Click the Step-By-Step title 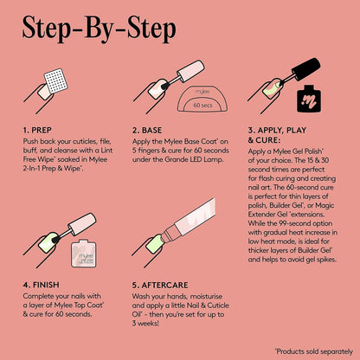[99, 29]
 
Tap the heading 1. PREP [37, 131]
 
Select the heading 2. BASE [147, 131]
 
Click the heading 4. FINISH [42, 285]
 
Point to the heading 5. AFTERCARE [160, 286]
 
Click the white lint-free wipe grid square [56, 80]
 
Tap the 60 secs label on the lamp [202, 106]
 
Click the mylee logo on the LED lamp [202, 92]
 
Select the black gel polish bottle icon [309, 99]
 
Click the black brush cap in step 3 [306, 69]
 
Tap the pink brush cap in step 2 [190, 71]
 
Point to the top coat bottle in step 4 [84, 253]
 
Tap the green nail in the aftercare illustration [154, 243]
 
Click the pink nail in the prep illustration [44, 92]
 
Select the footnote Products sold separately [314, 351]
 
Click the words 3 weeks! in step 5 [145, 324]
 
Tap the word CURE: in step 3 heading [268, 140]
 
